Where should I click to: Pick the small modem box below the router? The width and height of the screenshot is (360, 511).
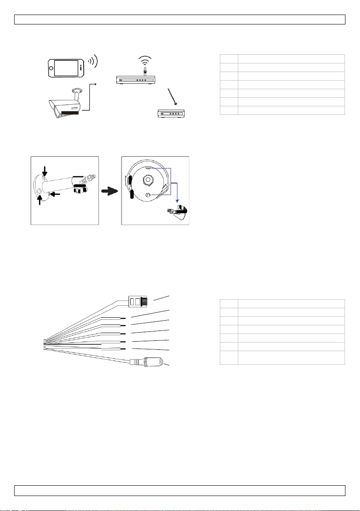click(174, 114)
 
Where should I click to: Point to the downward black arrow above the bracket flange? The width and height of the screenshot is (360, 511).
click(45, 172)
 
